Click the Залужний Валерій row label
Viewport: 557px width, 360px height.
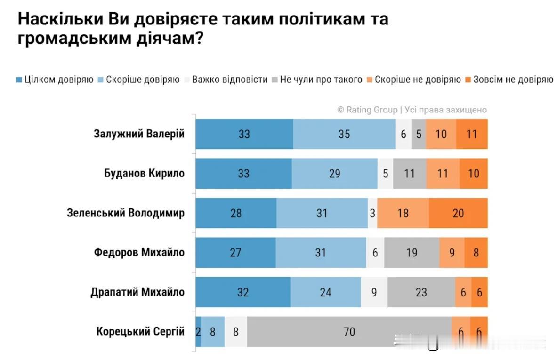(139, 134)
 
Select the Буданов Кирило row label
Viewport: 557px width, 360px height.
(144, 173)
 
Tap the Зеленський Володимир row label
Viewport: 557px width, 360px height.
(126, 213)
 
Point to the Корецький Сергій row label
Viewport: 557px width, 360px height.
(140, 331)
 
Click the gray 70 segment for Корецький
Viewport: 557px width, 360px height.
(349, 332)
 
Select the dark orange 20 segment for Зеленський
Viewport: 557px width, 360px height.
(458, 213)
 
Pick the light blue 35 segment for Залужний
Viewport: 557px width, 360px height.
(344, 134)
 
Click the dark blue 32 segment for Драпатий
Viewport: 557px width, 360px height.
(243, 292)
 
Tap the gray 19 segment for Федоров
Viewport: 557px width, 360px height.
(412, 252)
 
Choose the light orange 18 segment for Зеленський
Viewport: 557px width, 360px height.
(403, 213)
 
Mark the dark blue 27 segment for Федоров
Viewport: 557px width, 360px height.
(235, 252)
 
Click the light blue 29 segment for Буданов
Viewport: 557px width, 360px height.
(335, 173)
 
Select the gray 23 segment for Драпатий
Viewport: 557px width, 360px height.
(421, 292)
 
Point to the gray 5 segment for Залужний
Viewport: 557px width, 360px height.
(419, 134)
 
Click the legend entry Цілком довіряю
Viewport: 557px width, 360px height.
(55, 80)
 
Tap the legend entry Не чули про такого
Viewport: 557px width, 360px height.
(317, 80)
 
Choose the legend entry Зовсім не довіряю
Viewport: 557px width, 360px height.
(509, 80)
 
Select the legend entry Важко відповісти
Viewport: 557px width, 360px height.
(226, 80)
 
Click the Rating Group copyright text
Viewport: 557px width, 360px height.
(412, 110)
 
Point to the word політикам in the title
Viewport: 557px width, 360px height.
(322, 19)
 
